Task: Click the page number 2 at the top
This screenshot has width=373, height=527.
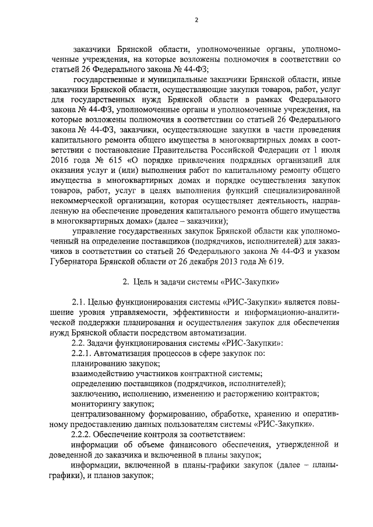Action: pyautogui.click(x=196, y=20)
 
